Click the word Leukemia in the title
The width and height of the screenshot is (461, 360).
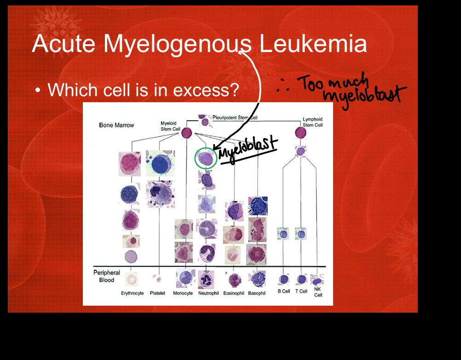point(313,44)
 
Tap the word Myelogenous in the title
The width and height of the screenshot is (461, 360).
point(177,45)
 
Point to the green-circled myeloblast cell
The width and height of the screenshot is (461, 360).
point(206,158)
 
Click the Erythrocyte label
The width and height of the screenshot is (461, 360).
point(133,293)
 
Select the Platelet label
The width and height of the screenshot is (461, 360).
point(158,293)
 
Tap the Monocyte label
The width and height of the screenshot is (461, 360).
point(183,293)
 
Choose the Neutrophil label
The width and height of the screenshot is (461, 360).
point(208,293)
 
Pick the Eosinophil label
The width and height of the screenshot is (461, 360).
point(234,293)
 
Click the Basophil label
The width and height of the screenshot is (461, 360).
point(257,293)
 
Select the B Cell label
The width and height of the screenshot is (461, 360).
point(284,291)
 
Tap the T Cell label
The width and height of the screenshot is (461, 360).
point(301,291)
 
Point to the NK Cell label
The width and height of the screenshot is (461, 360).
point(318,292)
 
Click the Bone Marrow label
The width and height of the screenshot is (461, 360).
point(116,125)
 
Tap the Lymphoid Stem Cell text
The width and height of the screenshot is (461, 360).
point(312,122)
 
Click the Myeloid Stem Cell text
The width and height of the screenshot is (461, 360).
point(170,126)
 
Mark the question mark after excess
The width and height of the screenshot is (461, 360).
point(234,90)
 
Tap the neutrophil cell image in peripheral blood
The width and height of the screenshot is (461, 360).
point(206,279)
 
